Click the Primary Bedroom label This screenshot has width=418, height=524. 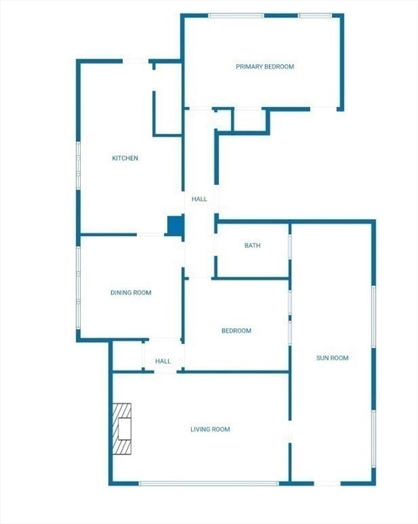pos(265,66)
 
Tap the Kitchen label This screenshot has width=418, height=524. pos(125,158)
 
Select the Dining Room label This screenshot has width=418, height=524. pos(130,293)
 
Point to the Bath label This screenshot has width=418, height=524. pos(253,246)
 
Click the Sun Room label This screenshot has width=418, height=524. pos(333,358)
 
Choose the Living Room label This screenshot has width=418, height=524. pos(210,429)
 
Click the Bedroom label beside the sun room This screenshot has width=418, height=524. pos(236,331)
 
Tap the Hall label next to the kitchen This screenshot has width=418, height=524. pos(199,199)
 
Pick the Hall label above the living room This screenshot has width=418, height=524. pos(163,361)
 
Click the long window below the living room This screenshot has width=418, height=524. pos(209,483)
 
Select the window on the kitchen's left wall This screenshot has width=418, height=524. pos(79,166)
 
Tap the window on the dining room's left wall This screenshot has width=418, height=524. pos(79,288)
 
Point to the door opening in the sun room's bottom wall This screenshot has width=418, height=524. pos(327,483)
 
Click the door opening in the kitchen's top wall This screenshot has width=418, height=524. pos(135,61)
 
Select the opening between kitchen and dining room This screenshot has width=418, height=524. pos(150,235)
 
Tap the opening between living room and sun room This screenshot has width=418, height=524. pos(290,431)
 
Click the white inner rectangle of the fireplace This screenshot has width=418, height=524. pos(124,428)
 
